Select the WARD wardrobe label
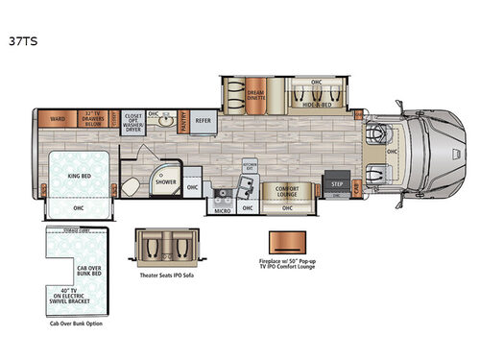tap(58, 120)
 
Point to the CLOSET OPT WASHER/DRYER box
tap(133, 121)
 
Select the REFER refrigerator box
tap(204, 121)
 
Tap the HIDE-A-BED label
tap(320, 100)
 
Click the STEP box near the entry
tap(337, 182)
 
